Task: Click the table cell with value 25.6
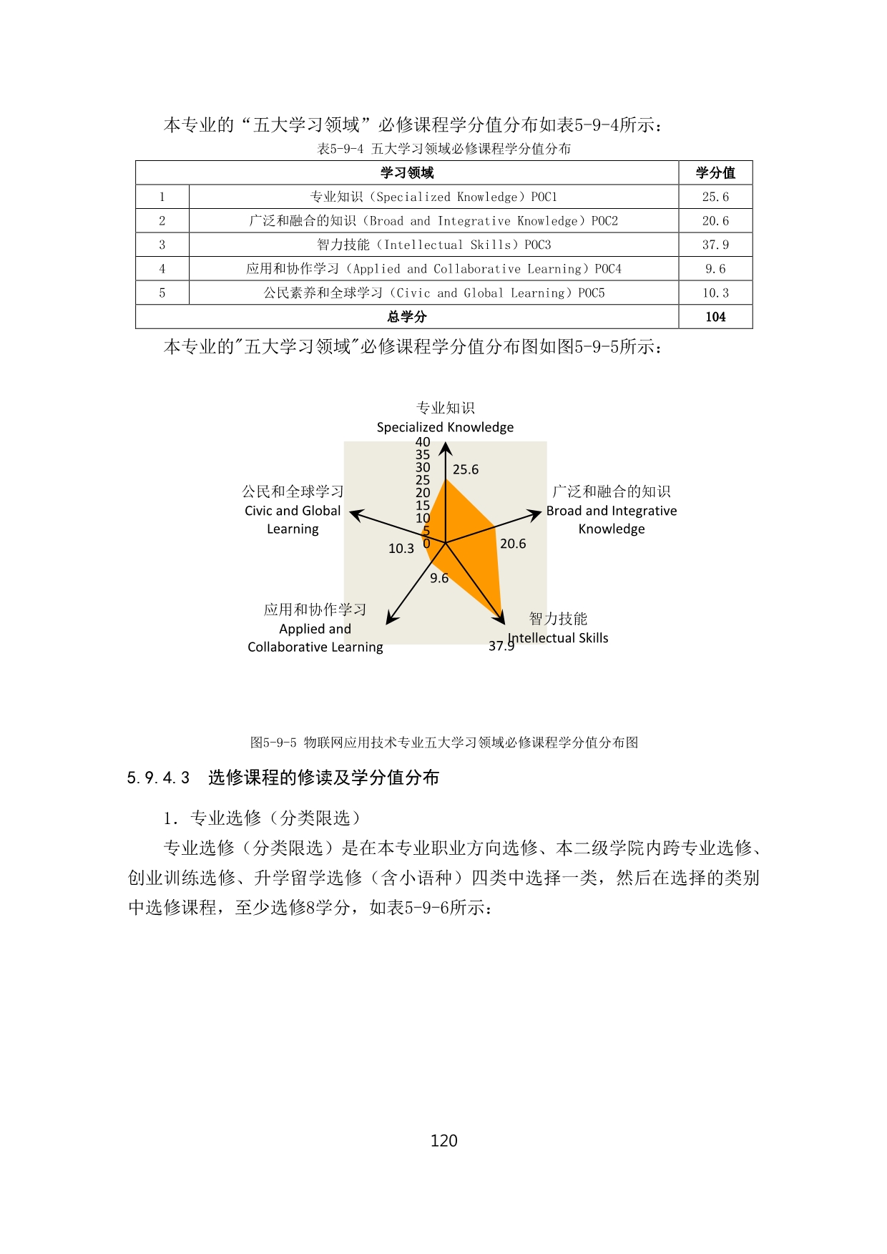(x=715, y=197)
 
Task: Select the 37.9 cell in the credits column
(x=715, y=245)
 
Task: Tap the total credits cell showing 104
(x=715, y=317)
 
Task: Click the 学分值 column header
(x=715, y=172)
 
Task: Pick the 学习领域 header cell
(x=407, y=172)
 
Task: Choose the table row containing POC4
(x=433, y=269)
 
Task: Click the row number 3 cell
(x=162, y=245)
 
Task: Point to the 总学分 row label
(x=407, y=317)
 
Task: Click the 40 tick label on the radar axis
(x=423, y=442)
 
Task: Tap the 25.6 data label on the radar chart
(x=466, y=469)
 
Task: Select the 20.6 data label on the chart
(x=513, y=544)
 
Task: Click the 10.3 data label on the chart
(x=401, y=549)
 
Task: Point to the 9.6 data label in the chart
(x=439, y=578)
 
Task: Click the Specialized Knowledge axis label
(x=445, y=427)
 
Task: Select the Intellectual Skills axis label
(x=558, y=637)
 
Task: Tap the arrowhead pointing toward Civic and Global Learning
(x=355, y=513)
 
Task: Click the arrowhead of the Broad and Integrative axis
(x=536, y=513)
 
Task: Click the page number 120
(x=443, y=1140)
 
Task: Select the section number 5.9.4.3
(x=158, y=778)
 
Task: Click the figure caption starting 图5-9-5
(x=443, y=743)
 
